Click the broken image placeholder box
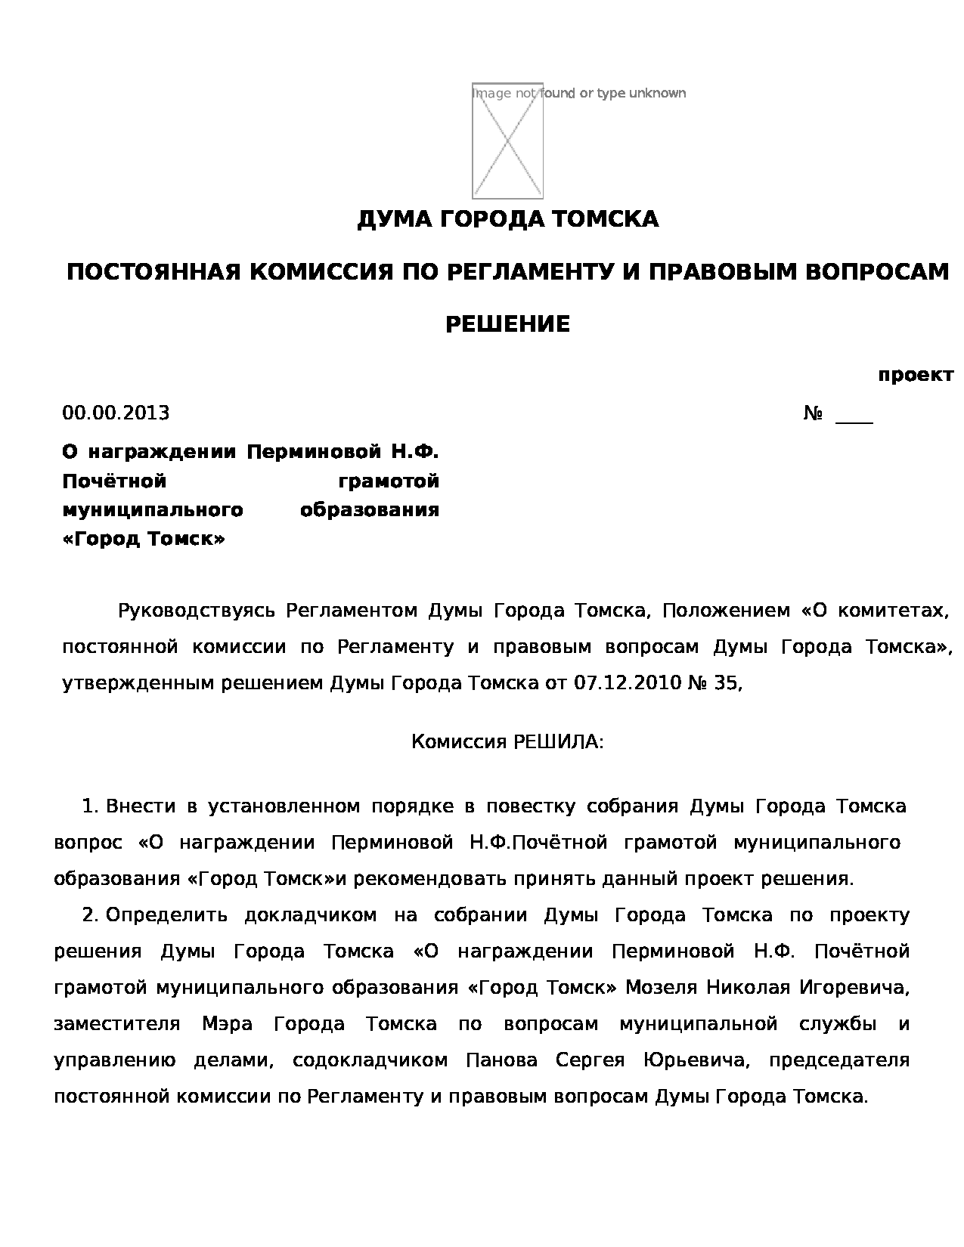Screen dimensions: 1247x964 coord(507,141)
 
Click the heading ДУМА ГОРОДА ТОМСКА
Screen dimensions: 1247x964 coord(507,219)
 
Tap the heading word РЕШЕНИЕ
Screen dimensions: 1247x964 coord(507,324)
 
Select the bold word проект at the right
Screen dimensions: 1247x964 coord(915,375)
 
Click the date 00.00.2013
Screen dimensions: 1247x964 coord(116,413)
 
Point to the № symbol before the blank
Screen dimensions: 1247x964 coord(813,413)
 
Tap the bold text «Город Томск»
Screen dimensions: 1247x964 coord(144,539)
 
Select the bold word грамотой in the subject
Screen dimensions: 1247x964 coord(389,481)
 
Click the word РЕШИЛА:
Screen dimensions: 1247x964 coord(559,741)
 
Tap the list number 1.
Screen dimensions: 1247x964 coord(89,806)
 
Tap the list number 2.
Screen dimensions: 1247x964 coord(90,915)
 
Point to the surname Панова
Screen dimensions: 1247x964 coord(501,1060)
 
